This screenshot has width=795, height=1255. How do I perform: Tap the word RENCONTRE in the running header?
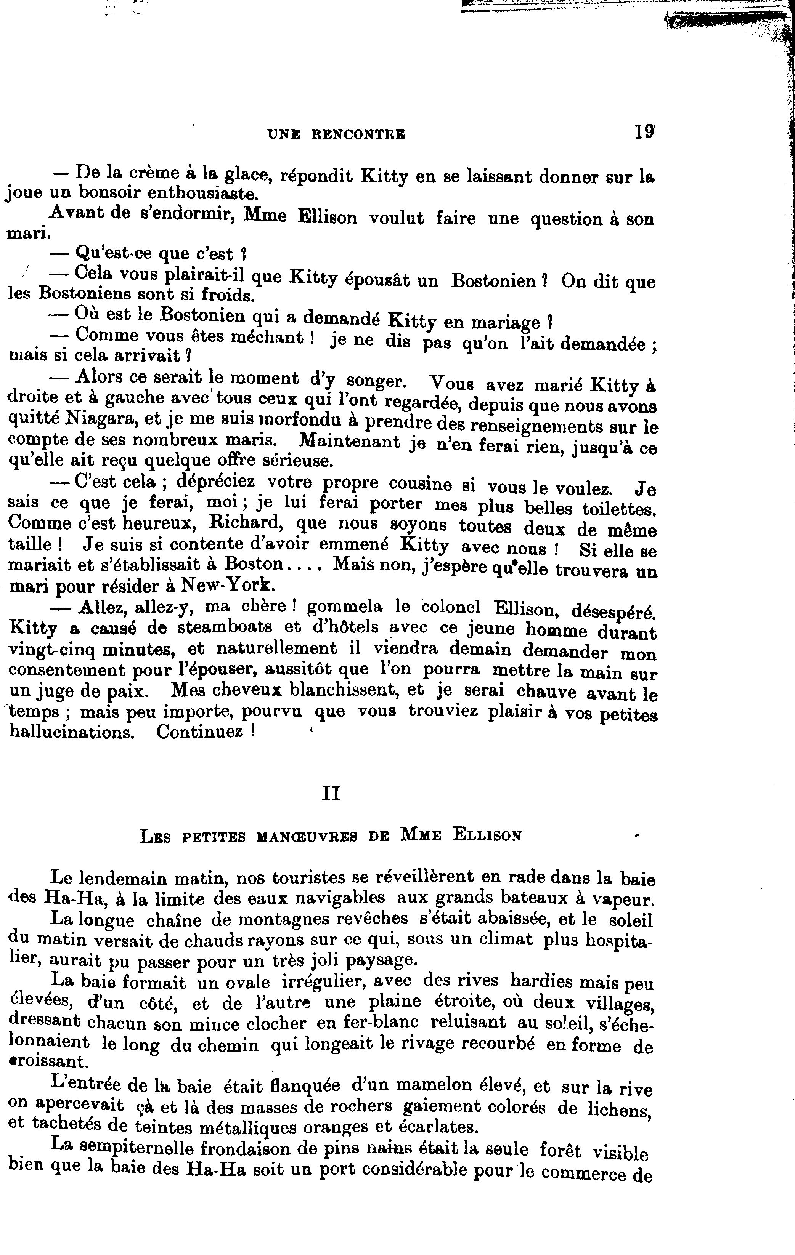(x=358, y=134)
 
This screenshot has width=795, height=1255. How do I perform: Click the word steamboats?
(x=224, y=627)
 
